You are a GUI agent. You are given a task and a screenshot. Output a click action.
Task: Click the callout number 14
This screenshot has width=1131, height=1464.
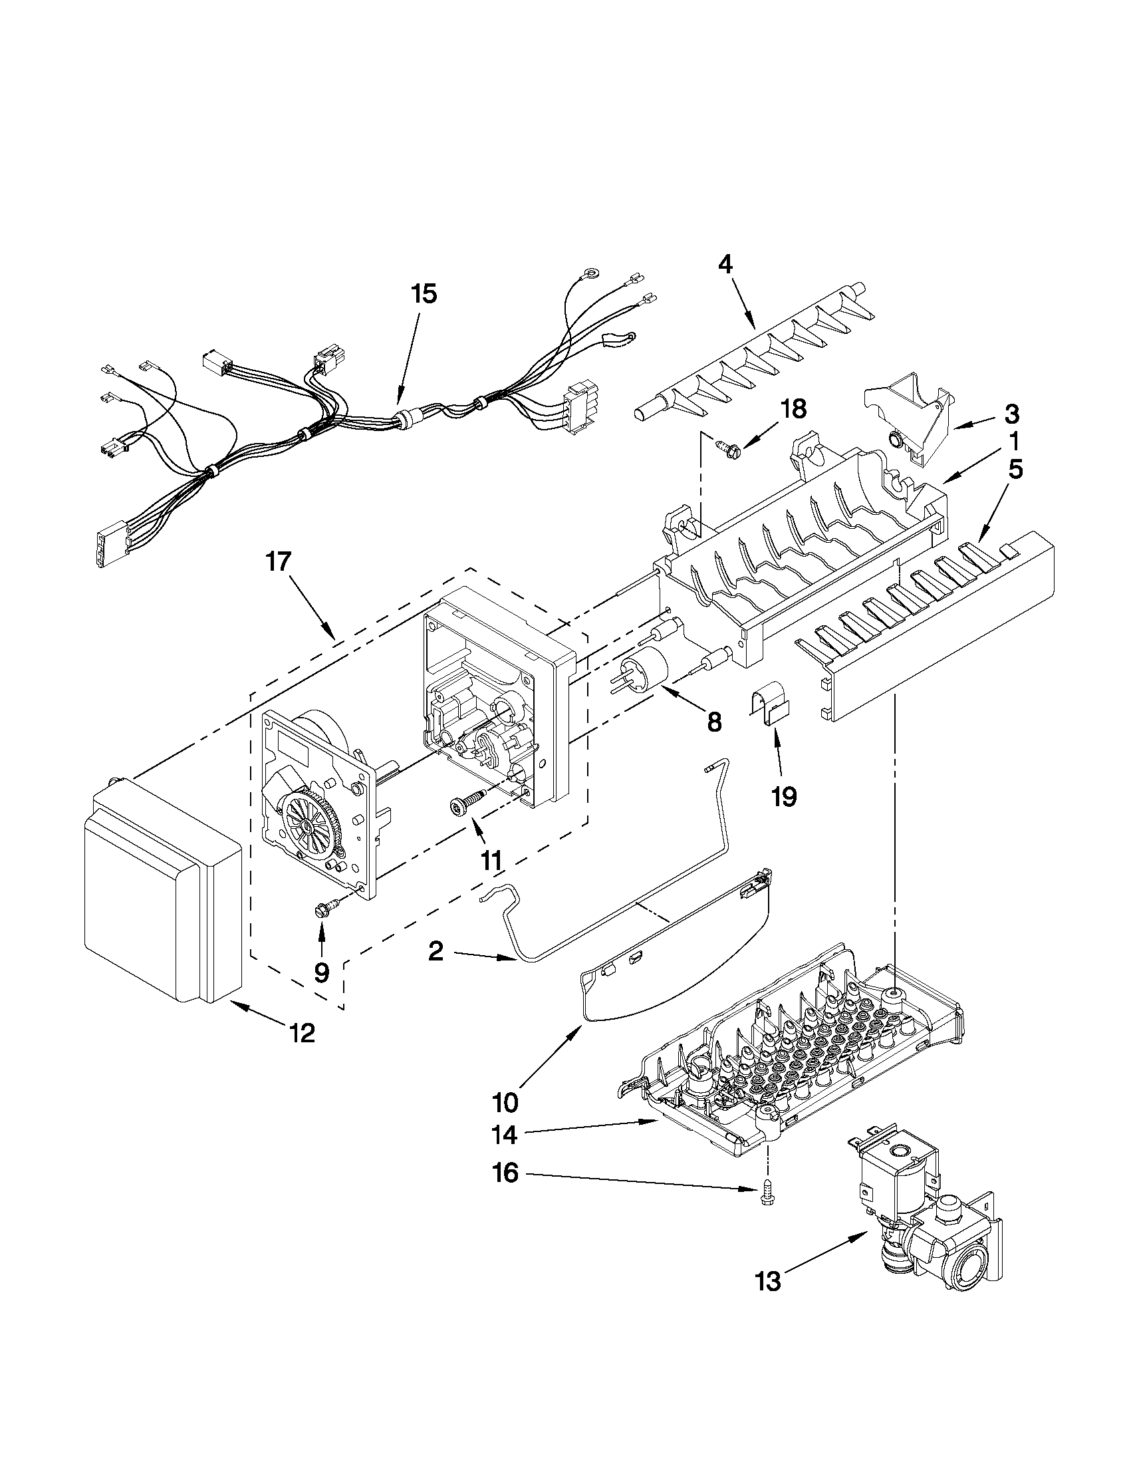pyautogui.click(x=505, y=1135)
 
